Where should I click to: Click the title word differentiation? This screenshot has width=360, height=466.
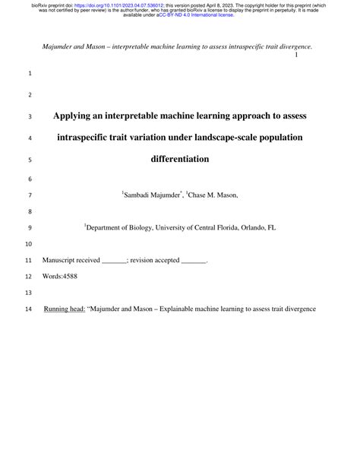pos(180,160)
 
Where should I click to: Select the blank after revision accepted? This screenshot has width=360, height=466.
pos(194,260)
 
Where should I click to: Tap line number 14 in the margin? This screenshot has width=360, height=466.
pos(30,310)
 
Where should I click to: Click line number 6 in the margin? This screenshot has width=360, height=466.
pos(30,179)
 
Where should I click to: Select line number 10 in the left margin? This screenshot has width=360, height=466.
pos(30,244)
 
